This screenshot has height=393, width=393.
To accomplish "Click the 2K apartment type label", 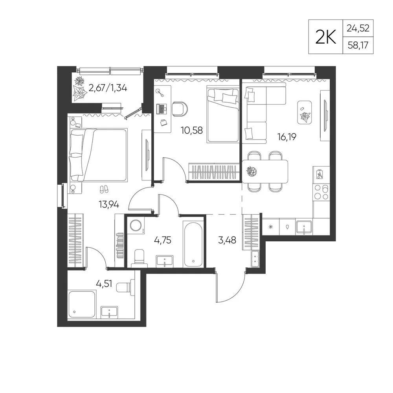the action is [325, 37].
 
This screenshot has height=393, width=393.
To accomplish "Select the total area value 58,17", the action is [358, 45].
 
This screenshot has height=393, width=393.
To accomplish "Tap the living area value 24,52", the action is [358, 28].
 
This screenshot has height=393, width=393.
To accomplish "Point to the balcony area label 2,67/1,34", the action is [108, 88].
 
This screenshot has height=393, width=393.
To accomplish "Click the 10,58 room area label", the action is [192, 130].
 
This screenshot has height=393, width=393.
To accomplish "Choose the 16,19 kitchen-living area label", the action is [287, 137].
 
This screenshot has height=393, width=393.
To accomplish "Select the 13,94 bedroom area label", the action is [109, 205].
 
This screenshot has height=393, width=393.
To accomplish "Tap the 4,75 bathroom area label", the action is [163, 240].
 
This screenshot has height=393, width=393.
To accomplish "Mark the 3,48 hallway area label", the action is [227, 240].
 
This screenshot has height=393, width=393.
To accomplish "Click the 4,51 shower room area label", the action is [104, 284].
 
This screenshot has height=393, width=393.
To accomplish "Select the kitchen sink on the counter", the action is [304, 227].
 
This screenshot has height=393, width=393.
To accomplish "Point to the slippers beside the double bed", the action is [104, 189].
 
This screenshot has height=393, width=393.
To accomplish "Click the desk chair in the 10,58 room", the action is [180, 109].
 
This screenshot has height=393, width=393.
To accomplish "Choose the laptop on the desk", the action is [162, 109].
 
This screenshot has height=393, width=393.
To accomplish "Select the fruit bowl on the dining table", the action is [252, 172].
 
